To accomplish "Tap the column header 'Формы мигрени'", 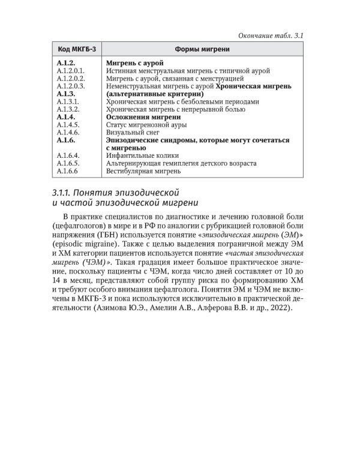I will (x=199, y=49).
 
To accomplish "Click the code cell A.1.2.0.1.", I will (x=71, y=70).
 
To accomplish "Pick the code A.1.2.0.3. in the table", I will (x=71, y=86).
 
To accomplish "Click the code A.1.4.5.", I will (x=68, y=125).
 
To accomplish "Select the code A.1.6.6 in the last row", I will (x=68, y=171).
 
